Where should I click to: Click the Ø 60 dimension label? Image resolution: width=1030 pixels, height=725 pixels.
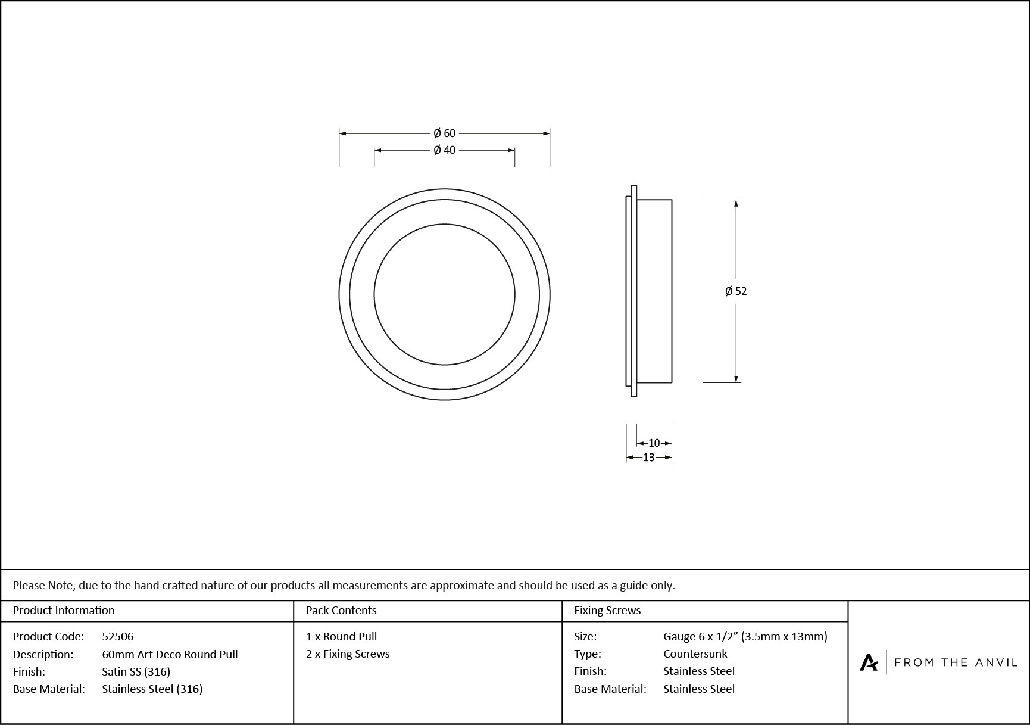tap(444, 133)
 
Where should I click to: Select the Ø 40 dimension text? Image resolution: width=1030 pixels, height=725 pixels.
tap(444, 150)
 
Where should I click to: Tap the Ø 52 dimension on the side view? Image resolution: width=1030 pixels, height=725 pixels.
tap(736, 291)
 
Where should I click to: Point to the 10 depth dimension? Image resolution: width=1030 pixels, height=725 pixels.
tap(654, 443)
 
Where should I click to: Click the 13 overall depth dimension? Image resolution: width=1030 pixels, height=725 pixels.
tap(648, 458)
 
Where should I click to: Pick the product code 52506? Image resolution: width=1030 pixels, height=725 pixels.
tap(118, 636)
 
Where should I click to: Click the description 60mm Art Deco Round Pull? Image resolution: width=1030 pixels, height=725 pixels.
tap(170, 654)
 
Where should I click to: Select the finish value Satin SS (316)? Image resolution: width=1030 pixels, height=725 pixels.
tap(136, 671)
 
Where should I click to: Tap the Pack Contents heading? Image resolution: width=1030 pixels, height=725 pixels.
tap(341, 610)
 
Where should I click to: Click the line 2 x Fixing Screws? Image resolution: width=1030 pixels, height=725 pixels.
tap(348, 654)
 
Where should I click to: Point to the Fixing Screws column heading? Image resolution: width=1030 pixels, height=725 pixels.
tap(607, 610)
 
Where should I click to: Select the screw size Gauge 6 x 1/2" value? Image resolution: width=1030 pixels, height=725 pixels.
tap(745, 636)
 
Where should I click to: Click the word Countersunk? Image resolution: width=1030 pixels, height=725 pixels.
tap(695, 654)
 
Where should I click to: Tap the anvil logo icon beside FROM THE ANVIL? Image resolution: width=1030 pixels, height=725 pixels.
tap(869, 662)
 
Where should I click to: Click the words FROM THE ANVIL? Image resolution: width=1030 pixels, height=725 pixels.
tap(956, 662)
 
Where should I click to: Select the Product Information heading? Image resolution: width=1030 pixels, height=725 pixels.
tap(64, 610)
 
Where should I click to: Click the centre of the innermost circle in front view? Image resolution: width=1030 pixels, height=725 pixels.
tap(444, 294)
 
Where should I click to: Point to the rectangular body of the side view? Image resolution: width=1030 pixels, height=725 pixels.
tap(654, 291)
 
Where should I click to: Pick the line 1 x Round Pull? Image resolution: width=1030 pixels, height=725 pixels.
tap(341, 636)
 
